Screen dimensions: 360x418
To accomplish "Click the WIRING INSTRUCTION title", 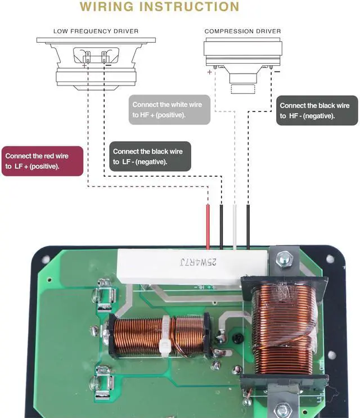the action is point(159,7).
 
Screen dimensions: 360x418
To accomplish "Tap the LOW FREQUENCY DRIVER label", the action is point(96,31).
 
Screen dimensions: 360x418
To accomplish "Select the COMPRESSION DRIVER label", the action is point(243,31).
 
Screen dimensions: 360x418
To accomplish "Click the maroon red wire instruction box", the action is point(42,161).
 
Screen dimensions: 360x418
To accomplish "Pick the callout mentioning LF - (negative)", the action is point(150,156).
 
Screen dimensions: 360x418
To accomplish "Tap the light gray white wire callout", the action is point(169,110).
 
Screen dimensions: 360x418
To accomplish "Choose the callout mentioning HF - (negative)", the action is point(317,110).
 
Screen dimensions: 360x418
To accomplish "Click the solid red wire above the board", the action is point(208,227).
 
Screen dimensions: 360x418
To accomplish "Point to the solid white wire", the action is point(235,227).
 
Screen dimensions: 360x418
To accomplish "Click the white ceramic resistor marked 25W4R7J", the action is point(192,267).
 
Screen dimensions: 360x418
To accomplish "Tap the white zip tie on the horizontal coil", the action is point(165,336).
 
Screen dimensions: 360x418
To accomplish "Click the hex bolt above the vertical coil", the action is point(285,259).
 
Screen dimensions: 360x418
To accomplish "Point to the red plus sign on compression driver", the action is point(209,72).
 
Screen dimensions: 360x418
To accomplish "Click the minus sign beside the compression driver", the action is point(277,71).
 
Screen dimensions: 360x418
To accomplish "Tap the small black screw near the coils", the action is point(238,338).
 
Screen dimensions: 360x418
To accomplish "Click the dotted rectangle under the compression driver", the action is point(243,89).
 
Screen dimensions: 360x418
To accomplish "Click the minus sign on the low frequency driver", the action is point(109,65).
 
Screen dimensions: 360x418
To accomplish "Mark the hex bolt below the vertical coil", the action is point(282,411).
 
